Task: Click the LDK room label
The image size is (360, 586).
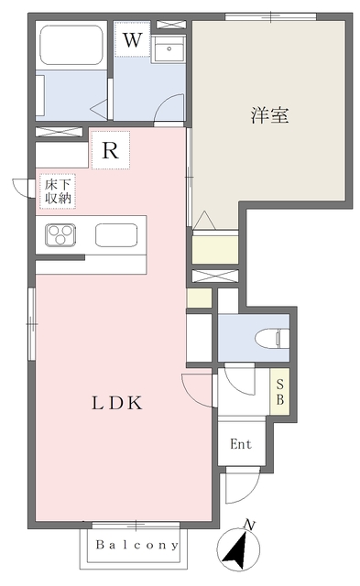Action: (115, 403)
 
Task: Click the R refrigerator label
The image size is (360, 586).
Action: (110, 151)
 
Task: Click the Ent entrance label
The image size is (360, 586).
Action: (240, 445)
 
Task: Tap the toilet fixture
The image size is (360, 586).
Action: (273, 339)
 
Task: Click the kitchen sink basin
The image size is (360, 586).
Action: (118, 235)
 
